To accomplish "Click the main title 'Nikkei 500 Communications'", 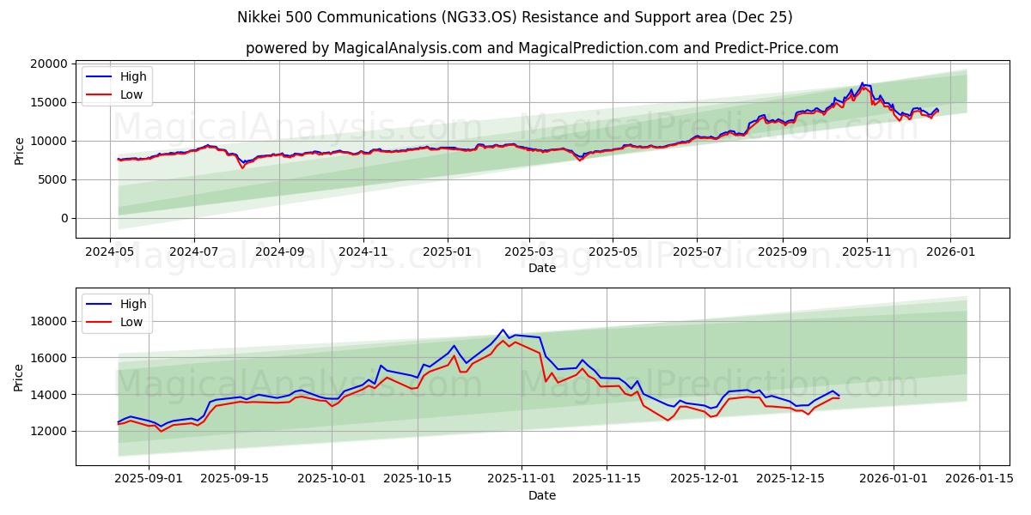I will point(515,17).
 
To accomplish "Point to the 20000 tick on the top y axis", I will point(48,64).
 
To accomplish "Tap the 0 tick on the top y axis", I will point(64,218).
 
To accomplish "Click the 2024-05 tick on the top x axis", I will point(110,252).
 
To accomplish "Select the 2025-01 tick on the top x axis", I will point(447,252).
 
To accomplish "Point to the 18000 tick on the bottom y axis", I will point(48,321).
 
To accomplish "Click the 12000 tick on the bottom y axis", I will point(48,431).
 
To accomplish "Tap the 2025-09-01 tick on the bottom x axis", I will point(149,479).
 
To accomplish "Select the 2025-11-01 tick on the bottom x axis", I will point(522,479).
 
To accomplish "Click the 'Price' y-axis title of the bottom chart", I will point(19,377).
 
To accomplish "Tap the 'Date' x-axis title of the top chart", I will point(541,268).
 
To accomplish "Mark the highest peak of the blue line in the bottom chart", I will point(503,330).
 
